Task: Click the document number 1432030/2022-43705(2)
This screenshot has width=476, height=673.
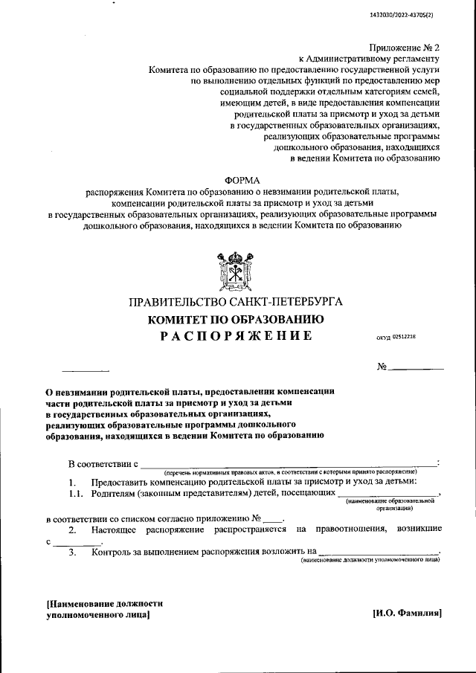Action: (411, 15)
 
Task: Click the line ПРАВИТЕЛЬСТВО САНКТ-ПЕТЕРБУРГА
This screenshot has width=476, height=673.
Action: (236, 303)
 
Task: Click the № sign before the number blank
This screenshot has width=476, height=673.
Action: (383, 367)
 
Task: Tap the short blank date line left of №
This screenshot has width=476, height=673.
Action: (85, 370)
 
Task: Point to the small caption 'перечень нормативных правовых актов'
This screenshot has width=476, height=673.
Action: (290, 472)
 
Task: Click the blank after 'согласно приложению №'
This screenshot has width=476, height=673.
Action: (273, 518)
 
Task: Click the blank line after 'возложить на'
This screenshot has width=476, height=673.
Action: (379, 553)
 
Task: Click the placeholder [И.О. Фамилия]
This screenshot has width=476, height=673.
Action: (407, 614)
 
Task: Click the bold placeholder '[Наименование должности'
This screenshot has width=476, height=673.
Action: (104, 605)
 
